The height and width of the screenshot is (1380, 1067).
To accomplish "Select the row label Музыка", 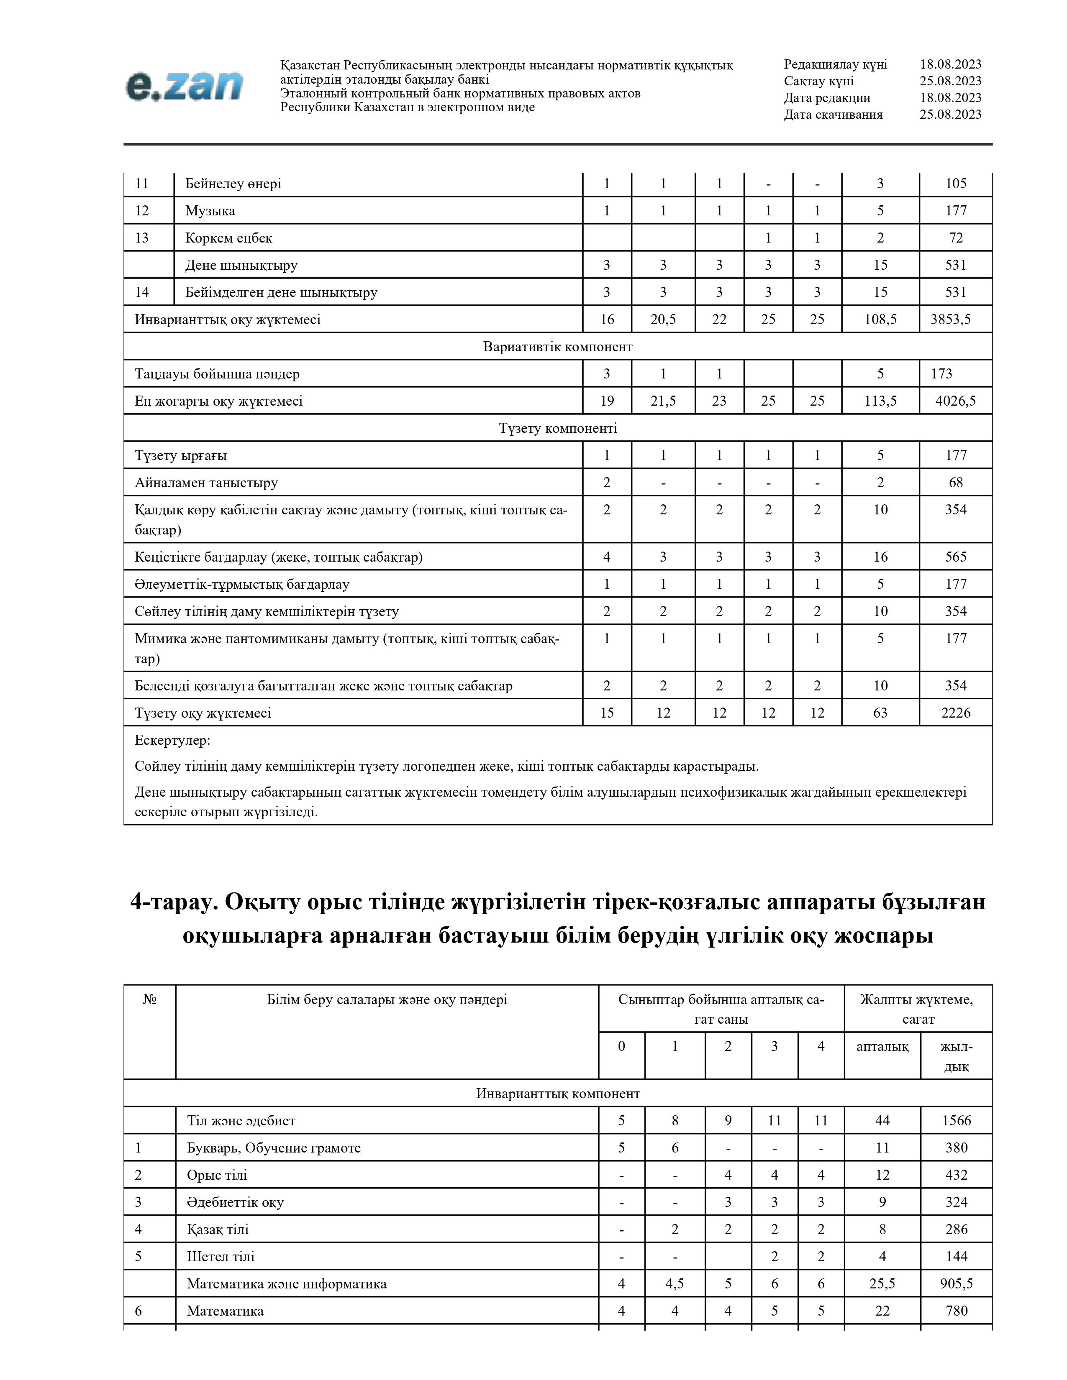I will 210,211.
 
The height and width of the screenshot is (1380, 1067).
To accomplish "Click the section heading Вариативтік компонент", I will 557,347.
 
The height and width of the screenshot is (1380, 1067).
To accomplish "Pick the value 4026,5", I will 955,401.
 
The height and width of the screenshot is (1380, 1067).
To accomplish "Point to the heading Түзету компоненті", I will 557,428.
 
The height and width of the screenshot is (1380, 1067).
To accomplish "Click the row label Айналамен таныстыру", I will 206,483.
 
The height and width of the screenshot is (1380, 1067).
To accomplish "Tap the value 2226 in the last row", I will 956,713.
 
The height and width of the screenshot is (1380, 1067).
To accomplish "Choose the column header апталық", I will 882,1046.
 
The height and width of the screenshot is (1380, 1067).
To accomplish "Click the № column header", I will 150,999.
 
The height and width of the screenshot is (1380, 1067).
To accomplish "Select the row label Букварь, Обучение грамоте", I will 274,1148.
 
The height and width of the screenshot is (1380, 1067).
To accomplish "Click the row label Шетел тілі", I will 221,1257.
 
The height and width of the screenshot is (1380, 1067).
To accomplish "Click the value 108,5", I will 880,320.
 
